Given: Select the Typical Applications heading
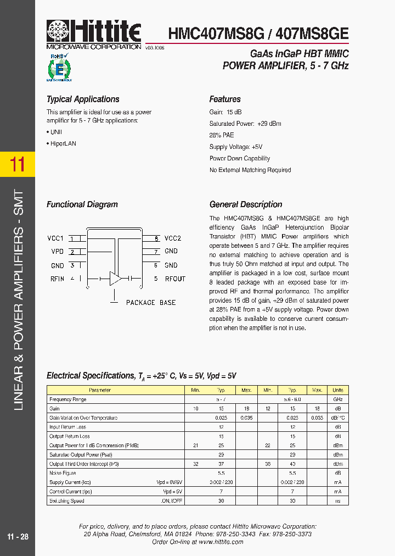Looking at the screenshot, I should (83, 99).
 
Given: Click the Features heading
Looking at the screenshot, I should (225, 99).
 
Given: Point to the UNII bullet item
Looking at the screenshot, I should (55, 132).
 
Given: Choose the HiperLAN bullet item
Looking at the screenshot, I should (63, 143).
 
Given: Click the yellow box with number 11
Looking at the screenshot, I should (18, 164).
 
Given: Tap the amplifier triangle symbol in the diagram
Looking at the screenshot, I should (115, 278).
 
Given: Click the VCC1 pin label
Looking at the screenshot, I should (55, 238).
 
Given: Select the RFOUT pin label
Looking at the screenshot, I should (176, 279).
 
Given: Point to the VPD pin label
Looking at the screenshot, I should (57, 252).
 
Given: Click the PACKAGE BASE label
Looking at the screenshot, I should (151, 303).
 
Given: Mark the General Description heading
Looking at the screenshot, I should (246, 204).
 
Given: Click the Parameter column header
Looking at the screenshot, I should (100, 390).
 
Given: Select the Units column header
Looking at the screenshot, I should (338, 390).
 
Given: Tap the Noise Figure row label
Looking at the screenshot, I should (63, 473).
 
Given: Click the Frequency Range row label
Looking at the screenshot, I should (68, 399).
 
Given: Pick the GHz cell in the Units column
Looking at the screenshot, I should (338, 399).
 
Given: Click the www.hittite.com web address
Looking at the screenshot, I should (221, 542).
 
